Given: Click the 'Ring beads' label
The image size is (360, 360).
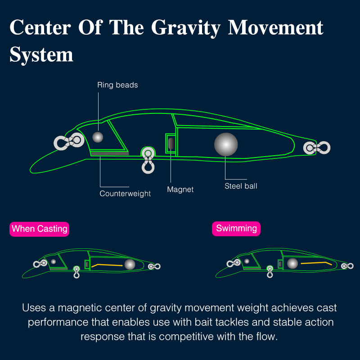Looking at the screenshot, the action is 117,85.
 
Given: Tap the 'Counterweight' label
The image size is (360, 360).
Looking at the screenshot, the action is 125,193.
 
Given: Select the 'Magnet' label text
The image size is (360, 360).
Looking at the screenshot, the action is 180,189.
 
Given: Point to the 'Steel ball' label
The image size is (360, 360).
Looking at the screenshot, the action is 241,186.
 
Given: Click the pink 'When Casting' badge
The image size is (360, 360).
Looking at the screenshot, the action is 39,229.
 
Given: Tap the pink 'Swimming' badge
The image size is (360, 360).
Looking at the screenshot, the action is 236,229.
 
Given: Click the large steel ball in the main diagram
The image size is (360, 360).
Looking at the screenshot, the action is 226,144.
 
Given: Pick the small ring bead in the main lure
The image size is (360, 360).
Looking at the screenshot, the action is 98,137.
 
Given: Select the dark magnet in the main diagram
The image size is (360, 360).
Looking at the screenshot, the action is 171,144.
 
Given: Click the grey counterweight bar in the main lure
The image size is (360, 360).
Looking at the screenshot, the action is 109,153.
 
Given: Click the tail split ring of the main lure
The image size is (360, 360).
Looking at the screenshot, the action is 317,148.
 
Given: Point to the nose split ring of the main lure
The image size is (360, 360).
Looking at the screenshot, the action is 69,141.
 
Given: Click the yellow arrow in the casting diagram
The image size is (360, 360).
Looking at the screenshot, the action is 107,265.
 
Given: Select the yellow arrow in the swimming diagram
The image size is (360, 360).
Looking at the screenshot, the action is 316,263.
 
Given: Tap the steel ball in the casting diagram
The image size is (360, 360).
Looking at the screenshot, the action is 130,265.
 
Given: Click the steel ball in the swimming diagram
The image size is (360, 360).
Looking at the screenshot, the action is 292,263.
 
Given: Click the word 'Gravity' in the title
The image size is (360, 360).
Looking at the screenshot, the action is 186,28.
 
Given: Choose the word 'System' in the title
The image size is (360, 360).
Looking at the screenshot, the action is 41,54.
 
